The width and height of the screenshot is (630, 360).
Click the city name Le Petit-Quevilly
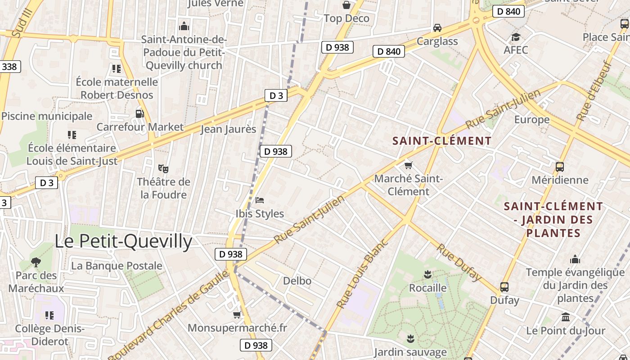point(123,242)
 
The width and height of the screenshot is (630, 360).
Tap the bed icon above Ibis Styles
point(260,200)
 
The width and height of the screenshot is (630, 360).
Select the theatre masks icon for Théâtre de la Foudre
point(163,169)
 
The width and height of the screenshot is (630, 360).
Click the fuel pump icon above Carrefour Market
point(139,114)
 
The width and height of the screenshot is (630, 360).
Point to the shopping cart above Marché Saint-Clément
point(408,166)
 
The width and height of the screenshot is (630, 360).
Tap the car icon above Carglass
point(437,28)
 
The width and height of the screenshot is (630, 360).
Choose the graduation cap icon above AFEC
point(516,37)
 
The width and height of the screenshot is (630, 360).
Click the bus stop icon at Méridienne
point(560,167)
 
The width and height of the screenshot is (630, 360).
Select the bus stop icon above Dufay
point(504,287)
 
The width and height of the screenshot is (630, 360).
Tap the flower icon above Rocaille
point(427,274)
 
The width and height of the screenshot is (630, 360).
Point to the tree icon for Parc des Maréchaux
point(36,262)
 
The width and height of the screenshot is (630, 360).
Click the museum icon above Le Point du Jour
point(566,317)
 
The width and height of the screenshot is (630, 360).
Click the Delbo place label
point(297,281)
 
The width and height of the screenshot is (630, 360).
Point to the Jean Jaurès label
point(228,129)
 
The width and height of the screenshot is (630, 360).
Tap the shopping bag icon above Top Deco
point(346,5)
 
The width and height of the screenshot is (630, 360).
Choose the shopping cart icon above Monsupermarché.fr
point(237,315)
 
